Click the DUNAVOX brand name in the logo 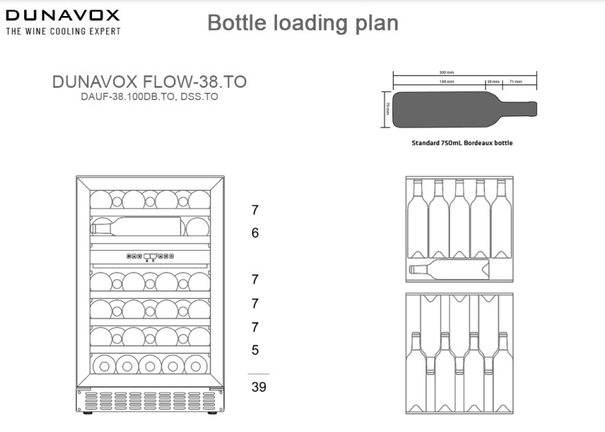[63, 15]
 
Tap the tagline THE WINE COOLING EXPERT [63, 31]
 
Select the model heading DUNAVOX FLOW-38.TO [149, 82]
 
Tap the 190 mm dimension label [446, 82]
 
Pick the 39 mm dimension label [492, 82]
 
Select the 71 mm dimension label [515, 82]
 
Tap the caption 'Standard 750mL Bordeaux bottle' [462, 143]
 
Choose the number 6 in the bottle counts [255, 233]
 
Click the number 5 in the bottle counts [255, 350]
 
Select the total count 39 [259, 387]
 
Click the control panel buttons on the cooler [150, 257]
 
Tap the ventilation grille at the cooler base [150, 401]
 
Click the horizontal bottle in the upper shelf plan [449, 269]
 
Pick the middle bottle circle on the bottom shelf [150, 364]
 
